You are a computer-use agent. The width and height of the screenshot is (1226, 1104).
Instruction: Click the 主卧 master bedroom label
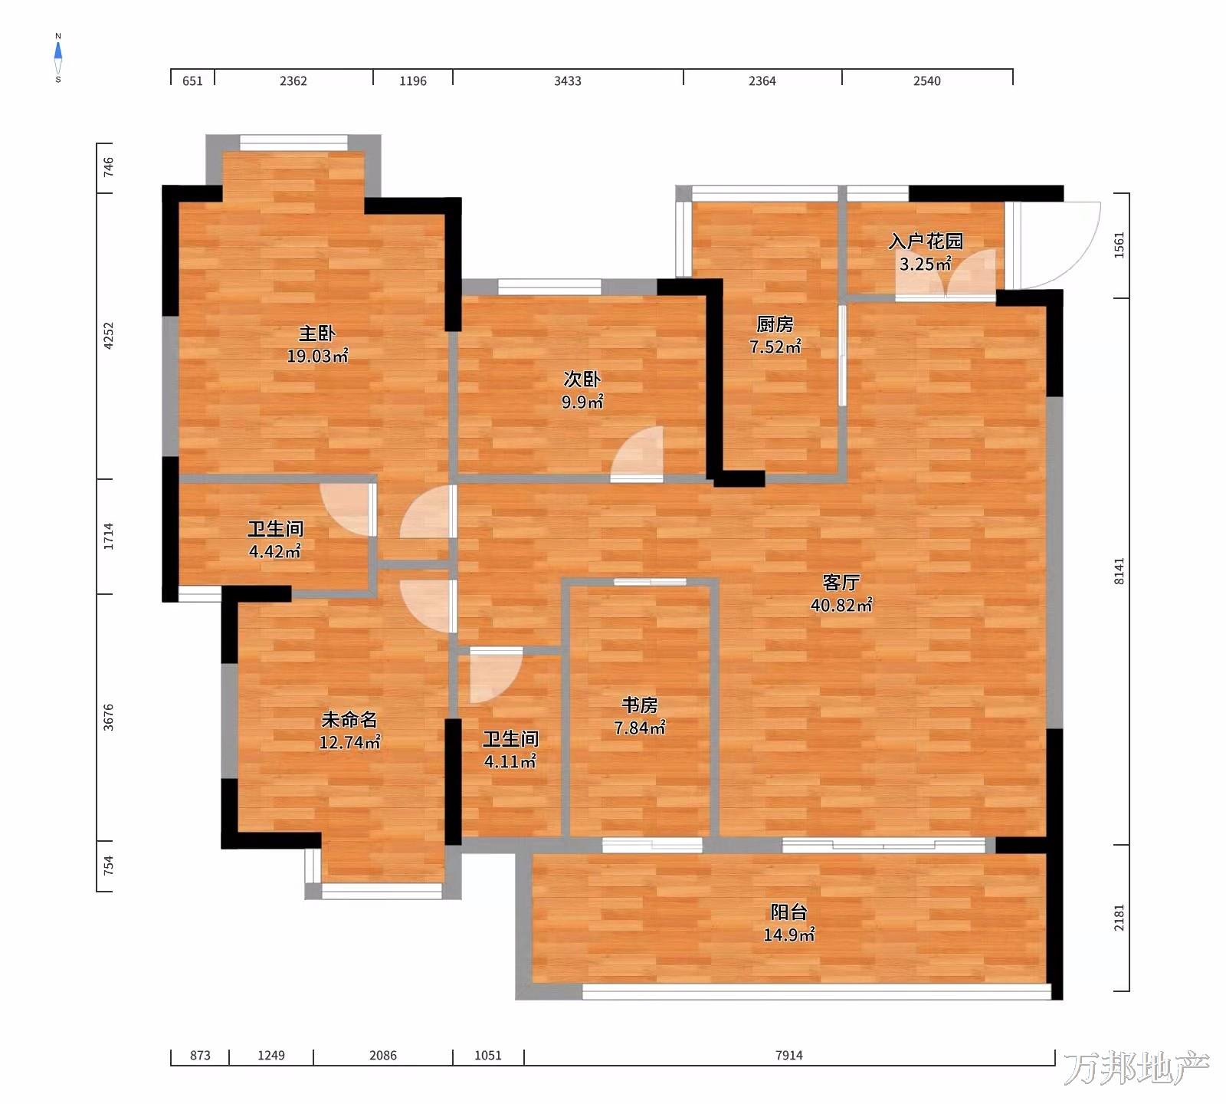pyautogui.click(x=316, y=333)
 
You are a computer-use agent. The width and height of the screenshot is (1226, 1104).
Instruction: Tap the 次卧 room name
pyautogui.click(x=582, y=379)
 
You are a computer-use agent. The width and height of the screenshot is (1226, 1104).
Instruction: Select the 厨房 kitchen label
pyautogui.click(x=775, y=324)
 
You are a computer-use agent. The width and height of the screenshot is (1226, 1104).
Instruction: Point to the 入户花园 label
pyautogui.click(x=926, y=242)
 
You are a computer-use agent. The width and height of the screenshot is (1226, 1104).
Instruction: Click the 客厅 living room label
pyautogui.click(x=841, y=583)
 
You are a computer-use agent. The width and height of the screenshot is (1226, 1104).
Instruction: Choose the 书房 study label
pyautogui.click(x=639, y=705)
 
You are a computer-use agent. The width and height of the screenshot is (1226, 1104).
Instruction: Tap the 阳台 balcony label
pyautogui.click(x=788, y=912)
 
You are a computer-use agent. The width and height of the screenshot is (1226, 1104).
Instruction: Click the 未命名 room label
pyautogui.click(x=349, y=720)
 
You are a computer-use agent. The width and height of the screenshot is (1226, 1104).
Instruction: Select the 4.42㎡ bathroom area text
pyautogui.click(x=275, y=551)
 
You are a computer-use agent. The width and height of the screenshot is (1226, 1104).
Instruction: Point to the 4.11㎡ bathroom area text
pyautogui.click(x=510, y=761)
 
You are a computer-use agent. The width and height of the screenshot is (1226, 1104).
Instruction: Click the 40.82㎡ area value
pyautogui.click(x=841, y=605)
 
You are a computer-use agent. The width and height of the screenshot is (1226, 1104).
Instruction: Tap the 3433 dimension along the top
pyautogui.click(x=568, y=80)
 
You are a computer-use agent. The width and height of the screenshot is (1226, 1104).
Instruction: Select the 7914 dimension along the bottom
pyautogui.click(x=789, y=1055)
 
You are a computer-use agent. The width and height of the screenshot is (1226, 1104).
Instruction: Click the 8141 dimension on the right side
pyautogui.click(x=1119, y=571)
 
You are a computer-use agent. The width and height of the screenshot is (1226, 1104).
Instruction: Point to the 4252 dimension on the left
pyautogui.click(x=109, y=336)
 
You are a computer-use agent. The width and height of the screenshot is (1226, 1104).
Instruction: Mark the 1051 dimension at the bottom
pyautogui.click(x=488, y=1055)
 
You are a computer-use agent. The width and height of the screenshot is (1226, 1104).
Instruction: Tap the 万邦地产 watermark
pyautogui.click(x=1136, y=1068)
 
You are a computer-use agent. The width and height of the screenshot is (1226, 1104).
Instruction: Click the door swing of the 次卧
pyautogui.click(x=637, y=453)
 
